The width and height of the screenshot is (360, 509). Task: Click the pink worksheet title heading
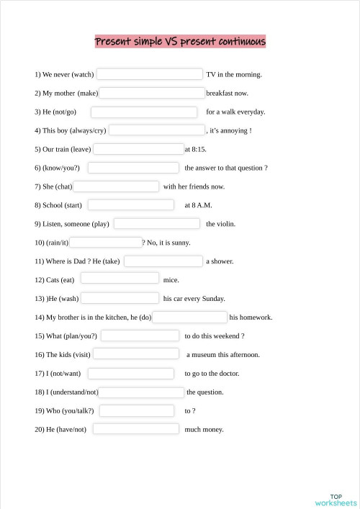click(x=180, y=41)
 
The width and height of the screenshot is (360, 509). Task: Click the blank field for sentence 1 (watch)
click(x=150, y=74)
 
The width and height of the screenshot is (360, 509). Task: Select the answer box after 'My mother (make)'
click(x=152, y=93)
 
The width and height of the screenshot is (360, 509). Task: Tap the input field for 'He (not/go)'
click(x=144, y=112)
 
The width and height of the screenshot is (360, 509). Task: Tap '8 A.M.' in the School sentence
click(x=201, y=205)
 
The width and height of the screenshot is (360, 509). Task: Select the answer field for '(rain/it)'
click(x=106, y=243)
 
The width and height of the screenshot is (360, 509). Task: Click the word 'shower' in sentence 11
click(x=222, y=261)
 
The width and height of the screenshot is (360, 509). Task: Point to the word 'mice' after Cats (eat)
click(x=171, y=280)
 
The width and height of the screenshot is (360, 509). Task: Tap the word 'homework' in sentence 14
click(x=256, y=317)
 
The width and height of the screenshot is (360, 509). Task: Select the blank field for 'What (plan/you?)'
click(x=140, y=336)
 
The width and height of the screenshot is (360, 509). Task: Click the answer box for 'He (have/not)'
click(x=135, y=430)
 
